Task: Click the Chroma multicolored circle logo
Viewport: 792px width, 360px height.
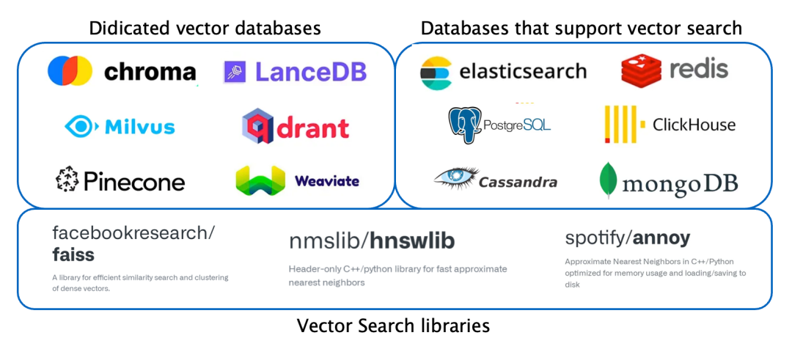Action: (70, 71)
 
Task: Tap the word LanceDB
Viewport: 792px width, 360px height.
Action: (311, 71)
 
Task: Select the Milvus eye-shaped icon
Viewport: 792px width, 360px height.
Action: (81, 127)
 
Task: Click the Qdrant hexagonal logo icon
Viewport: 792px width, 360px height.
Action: (258, 126)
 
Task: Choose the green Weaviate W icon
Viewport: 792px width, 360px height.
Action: (260, 180)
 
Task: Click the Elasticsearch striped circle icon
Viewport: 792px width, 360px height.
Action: (436, 72)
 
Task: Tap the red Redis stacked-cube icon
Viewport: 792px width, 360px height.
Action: (641, 70)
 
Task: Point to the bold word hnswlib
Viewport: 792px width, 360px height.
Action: (411, 240)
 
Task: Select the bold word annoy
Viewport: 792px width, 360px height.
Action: (662, 238)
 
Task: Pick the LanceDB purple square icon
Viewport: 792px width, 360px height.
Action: (235, 71)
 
